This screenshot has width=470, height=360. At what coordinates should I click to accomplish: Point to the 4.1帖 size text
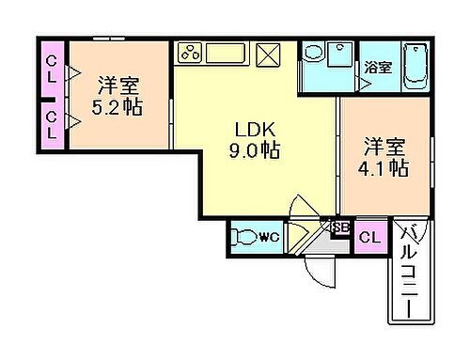pyautogui.click(x=385, y=169)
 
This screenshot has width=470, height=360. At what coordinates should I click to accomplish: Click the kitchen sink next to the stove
pyautogui.click(x=231, y=53)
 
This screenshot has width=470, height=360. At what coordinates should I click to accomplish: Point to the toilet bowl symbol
pyautogui.click(x=244, y=238)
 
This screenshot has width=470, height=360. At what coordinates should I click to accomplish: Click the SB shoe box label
pyautogui.click(x=337, y=227)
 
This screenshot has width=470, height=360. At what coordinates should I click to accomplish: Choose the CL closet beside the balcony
pyautogui.click(x=369, y=238)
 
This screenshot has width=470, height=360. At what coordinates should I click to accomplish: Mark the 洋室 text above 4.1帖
pyautogui.click(x=385, y=149)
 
